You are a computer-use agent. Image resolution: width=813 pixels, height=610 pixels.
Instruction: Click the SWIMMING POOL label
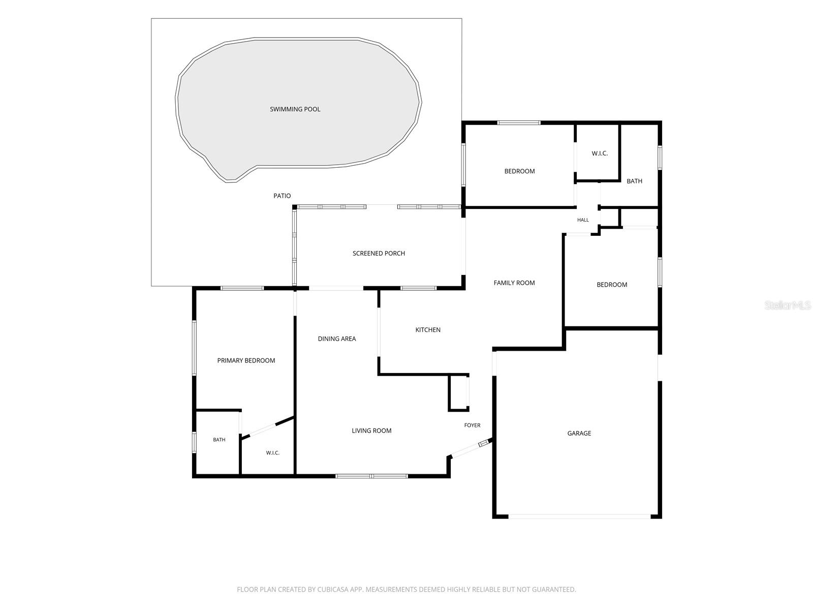(295, 109)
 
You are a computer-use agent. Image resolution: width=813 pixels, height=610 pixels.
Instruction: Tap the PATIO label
(282, 196)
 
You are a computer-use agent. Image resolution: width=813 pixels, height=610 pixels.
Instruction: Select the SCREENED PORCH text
(379, 253)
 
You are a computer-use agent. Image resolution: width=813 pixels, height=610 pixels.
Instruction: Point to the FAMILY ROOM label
(514, 283)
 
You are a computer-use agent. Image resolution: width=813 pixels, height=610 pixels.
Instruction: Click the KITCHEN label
(428, 329)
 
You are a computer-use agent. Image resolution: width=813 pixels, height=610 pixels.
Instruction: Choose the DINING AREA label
(337, 339)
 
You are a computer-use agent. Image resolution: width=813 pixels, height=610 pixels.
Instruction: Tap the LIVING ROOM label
(371, 431)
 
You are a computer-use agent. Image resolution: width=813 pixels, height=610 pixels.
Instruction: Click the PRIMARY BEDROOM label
(246, 360)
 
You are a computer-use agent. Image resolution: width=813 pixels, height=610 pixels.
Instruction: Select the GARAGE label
(579, 433)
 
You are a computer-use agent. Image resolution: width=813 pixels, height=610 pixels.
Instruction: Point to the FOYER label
(472, 425)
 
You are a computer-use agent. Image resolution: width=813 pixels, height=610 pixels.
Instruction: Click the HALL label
(583, 220)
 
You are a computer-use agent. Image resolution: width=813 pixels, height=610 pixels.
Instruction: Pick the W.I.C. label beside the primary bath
(272, 452)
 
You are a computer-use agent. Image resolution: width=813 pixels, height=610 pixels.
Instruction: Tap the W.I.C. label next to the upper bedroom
(600, 154)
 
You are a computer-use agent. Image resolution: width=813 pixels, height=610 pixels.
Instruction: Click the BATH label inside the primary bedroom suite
(219, 440)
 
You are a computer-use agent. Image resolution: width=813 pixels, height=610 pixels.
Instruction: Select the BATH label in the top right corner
(634, 181)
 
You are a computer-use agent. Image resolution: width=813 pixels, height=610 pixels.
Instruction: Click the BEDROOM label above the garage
(612, 285)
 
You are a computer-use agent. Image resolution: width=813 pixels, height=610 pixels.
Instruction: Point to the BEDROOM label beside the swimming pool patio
(519, 171)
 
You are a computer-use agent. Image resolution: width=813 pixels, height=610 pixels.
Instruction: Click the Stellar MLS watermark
(788, 305)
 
